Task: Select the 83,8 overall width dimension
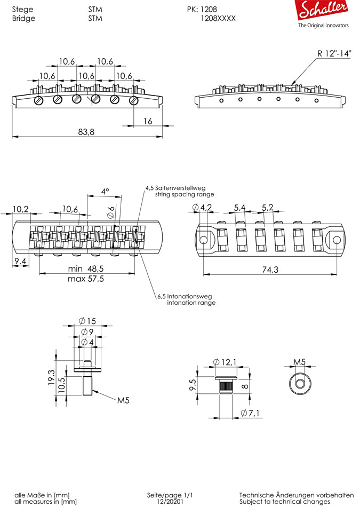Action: coord(86,132)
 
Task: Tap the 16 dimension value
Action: coord(148,121)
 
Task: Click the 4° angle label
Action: coord(105,191)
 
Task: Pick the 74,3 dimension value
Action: coord(270,270)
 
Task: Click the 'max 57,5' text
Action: coord(86,279)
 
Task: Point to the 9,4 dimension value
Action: coord(20,262)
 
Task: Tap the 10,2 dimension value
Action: coord(21,209)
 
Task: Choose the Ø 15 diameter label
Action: coord(87,321)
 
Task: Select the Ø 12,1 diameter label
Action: coord(225,363)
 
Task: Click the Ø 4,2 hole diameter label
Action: coord(203,207)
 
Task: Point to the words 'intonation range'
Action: coord(191,303)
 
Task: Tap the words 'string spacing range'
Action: coord(184,195)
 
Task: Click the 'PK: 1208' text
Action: coord(202,9)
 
